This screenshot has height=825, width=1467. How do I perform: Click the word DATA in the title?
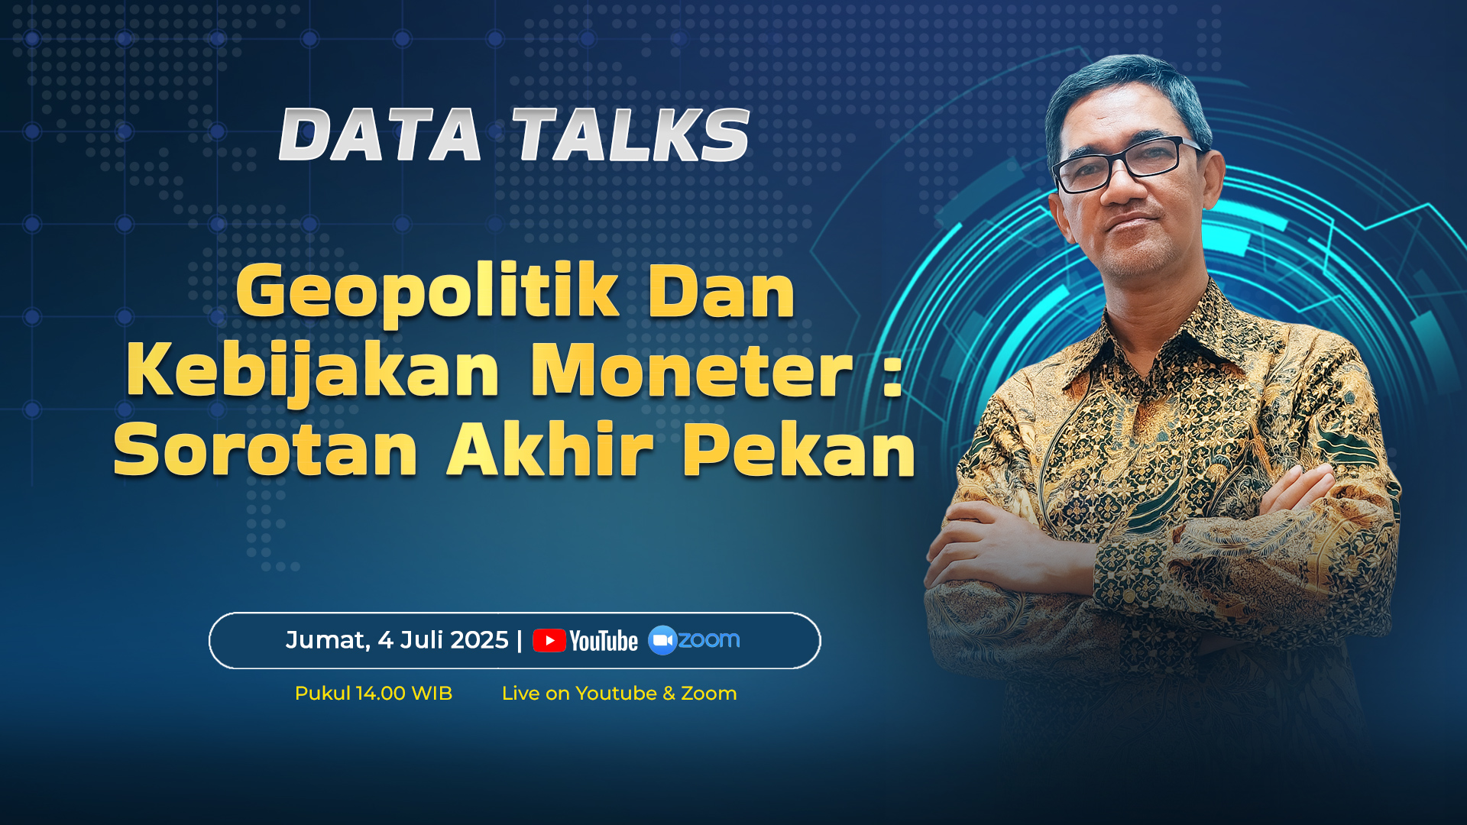point(380,134)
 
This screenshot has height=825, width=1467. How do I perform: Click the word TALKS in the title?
point(631,134)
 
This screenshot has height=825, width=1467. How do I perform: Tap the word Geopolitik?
point(427,292)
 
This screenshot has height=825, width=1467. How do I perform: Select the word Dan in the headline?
point(721,292)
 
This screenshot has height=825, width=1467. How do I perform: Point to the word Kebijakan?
point(313,372)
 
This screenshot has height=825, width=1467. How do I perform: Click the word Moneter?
point(691,371)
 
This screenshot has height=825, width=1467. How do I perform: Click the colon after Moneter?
point(892,374)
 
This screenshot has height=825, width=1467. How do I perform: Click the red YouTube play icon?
point(549,641)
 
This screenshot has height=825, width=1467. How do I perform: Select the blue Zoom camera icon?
point(662,640)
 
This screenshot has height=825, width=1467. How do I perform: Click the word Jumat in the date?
point(328,640)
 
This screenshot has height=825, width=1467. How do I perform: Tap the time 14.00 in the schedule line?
point(381,694)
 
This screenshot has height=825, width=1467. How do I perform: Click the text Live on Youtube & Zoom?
point(619,694)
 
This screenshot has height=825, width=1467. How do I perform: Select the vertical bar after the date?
point(520,640)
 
